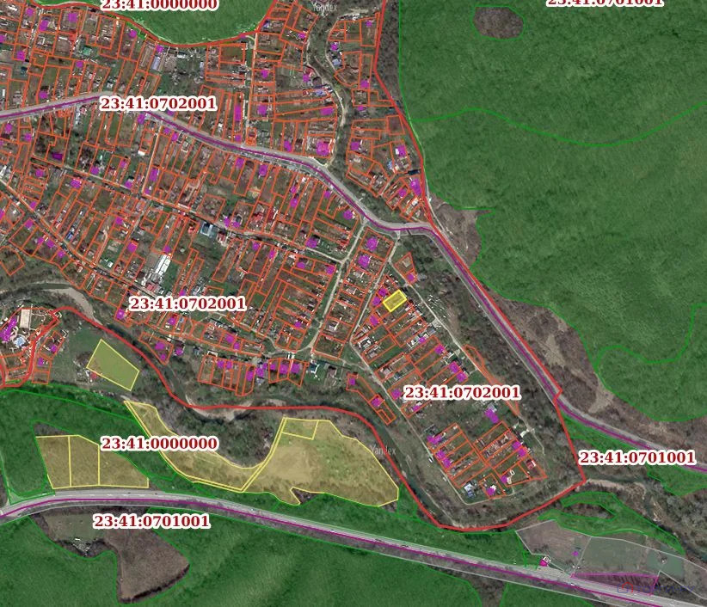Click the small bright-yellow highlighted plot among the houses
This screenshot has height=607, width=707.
395,300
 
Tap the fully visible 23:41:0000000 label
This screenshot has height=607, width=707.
159,444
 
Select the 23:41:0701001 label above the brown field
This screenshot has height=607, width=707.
151,521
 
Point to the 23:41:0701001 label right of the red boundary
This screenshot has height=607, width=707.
636,457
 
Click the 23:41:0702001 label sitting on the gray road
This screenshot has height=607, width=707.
158,103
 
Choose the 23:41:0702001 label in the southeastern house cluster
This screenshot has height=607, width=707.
462,392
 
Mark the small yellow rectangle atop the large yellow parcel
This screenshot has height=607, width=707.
300,428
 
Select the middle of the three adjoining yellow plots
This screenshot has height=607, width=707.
83,462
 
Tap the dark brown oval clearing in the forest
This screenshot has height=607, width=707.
499,22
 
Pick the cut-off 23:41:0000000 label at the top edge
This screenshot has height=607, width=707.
159,4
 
